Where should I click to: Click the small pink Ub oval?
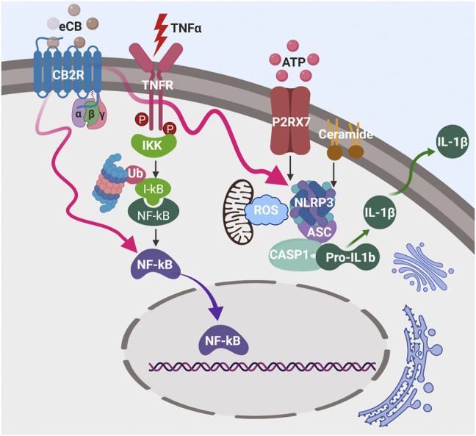point(135,173)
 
